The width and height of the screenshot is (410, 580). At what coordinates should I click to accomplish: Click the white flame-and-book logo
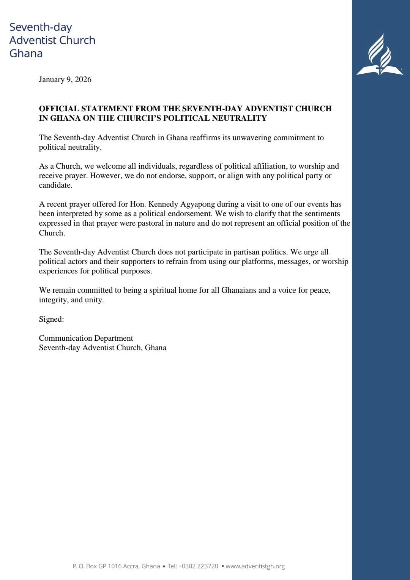pos(380,55)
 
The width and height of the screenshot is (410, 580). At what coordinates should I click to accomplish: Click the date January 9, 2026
pos(65,79)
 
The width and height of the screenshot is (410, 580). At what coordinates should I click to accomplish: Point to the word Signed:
pos(51,319)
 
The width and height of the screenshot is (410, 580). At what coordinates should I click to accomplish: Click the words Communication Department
pos(86,338)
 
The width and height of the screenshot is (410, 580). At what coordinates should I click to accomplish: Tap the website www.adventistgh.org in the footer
pos(255,566)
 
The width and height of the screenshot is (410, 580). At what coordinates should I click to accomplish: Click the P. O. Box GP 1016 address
pos(116,566)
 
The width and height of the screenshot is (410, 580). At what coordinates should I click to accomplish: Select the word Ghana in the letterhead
pos(26,53)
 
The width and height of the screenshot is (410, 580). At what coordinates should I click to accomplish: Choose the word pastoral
pos(150,223)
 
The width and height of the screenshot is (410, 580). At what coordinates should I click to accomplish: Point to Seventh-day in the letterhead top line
pos(41,27)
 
